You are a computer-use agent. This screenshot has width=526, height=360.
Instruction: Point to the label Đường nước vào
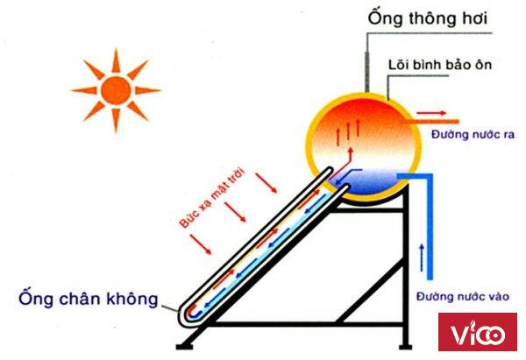[463, 297]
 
